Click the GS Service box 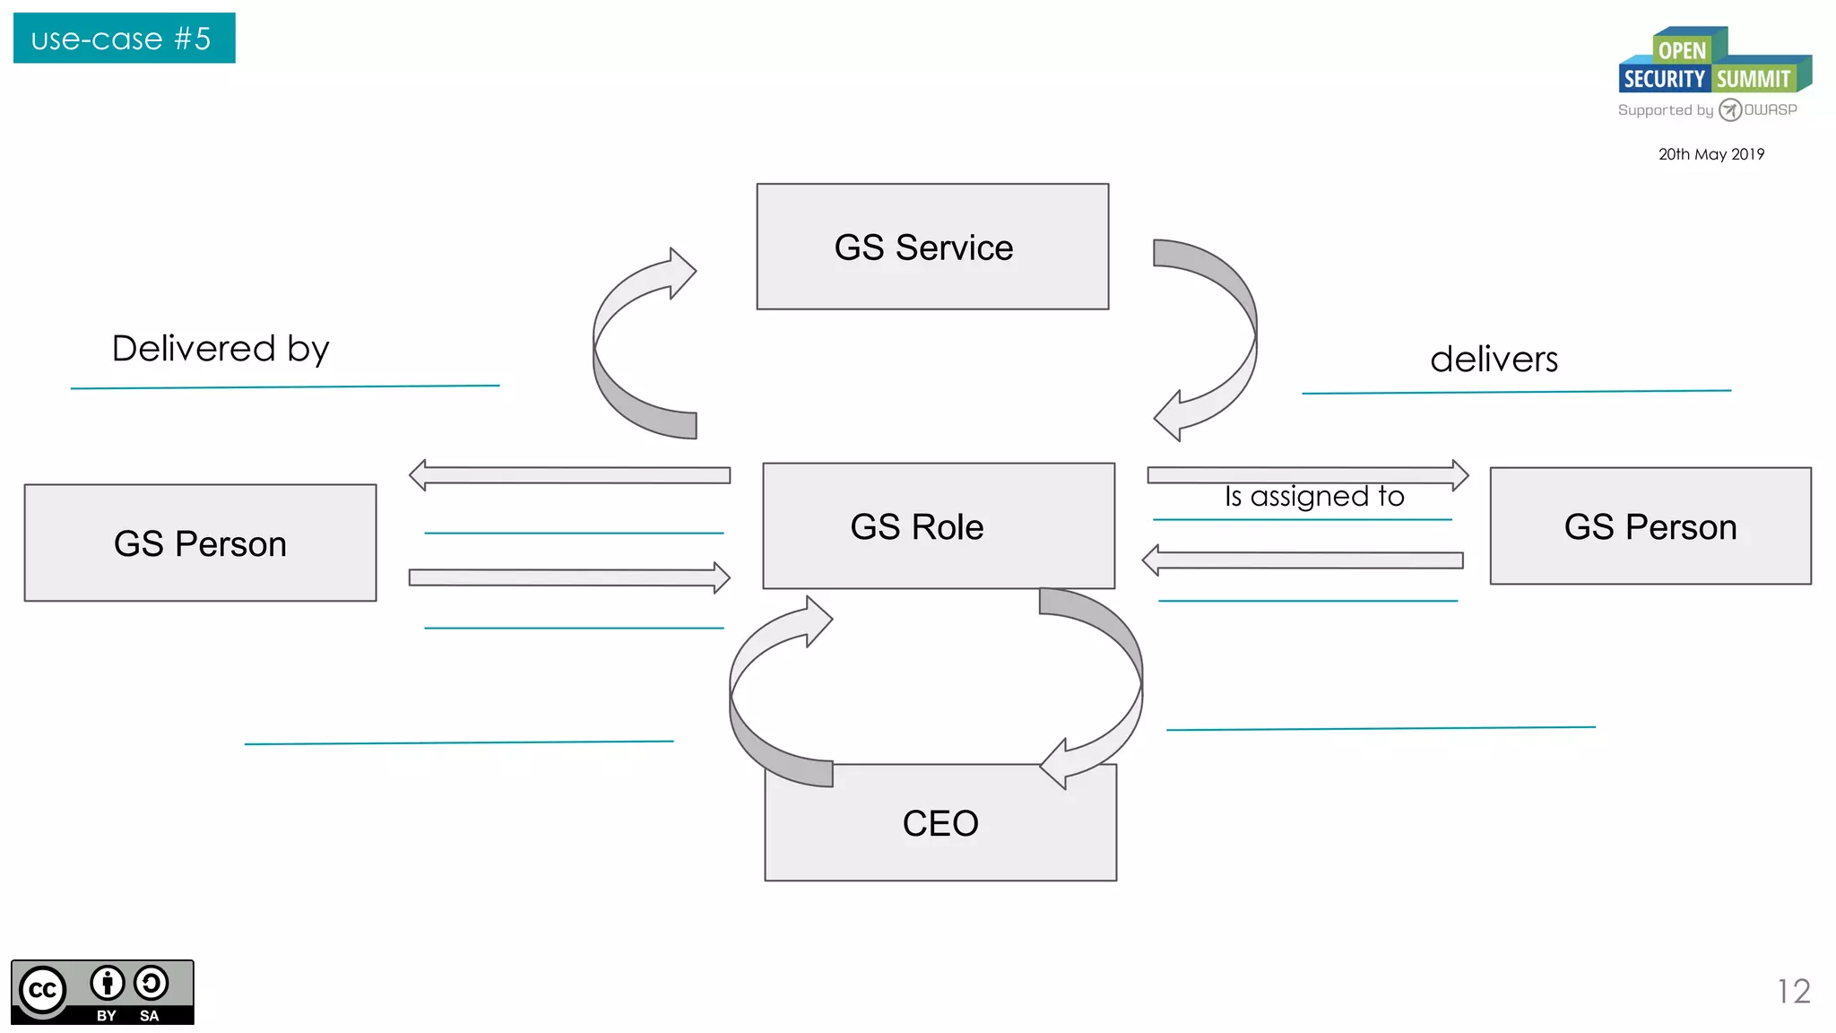[932, 247]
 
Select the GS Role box [938, 525]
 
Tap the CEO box [940, 822]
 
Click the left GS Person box [200, 543]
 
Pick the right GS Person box [1650, 525]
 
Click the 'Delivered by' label [221, 348]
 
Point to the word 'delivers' [1494, 359]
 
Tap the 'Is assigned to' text [1314, 496]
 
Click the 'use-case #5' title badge [124, 39]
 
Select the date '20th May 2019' [1710, 154]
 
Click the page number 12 [1793, 991]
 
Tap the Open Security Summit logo [1713, 63]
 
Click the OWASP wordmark [1770, 109]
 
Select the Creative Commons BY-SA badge [102, 992]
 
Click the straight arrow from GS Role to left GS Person [569, 474]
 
